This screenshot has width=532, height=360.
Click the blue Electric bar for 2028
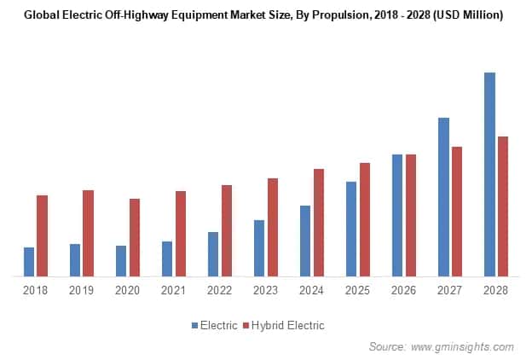click(x=489, y=174)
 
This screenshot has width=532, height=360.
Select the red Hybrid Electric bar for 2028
click(x=503, y=206)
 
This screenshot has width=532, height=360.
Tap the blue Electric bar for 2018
click(x=29, y=262)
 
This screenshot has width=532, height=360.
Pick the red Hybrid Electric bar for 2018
click(x=42, y=235)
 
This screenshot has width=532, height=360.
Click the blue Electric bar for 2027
click(x=443, y=197)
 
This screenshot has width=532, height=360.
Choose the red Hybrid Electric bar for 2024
click(x=318, y=223)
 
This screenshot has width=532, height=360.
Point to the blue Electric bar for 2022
click(x=213, y=254)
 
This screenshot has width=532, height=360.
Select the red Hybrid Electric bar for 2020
click(x=135, y=237)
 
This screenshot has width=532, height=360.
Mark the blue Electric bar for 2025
click(x=351, y=229)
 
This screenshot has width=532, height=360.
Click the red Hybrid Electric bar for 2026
click(x=411, y=215)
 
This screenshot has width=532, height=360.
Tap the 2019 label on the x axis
click(x=81, y=291)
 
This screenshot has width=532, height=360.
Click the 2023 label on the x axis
click(x=265, y=291)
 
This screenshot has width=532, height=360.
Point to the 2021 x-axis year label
click(x=173, y=291)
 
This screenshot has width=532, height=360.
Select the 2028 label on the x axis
click(x=495, y=291)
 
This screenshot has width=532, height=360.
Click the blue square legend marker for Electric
click(x=194, y=325)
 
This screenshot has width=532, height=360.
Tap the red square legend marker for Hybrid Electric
click(x=246, y=325)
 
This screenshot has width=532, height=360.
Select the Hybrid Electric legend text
click(x=288, y=325)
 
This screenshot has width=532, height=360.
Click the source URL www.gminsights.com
click(x=462, y=346)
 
